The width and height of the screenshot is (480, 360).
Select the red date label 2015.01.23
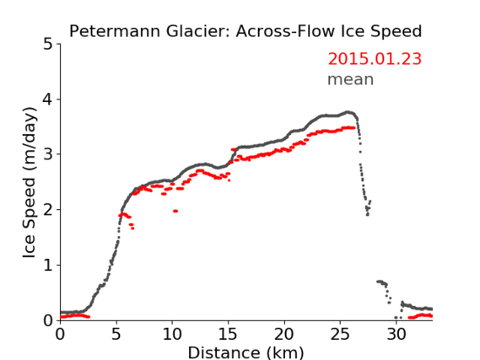(375, 59)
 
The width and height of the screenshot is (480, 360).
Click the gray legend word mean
(351, 79)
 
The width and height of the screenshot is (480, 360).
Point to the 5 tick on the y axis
(48, 45)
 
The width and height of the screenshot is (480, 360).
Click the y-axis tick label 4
(48, 99)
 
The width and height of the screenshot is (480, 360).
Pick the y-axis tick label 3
(48, 154)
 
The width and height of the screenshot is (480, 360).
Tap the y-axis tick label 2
(48, 210)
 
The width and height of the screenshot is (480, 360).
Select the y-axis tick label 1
(48, 265)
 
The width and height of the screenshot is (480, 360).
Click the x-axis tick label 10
(172, 335)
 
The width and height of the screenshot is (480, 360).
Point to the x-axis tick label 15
(228, 335)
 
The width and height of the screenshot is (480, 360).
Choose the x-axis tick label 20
(284, 335)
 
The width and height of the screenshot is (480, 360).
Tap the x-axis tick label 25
(340, 335)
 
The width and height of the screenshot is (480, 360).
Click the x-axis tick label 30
(396, 335)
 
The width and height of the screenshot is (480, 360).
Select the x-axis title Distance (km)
(245, 352)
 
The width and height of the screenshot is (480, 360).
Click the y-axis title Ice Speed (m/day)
(30, 183)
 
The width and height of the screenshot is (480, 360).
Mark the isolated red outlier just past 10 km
(175, 211)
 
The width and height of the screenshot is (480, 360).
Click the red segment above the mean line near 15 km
(234, 149)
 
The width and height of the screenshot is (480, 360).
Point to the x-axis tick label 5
(116, 335)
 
